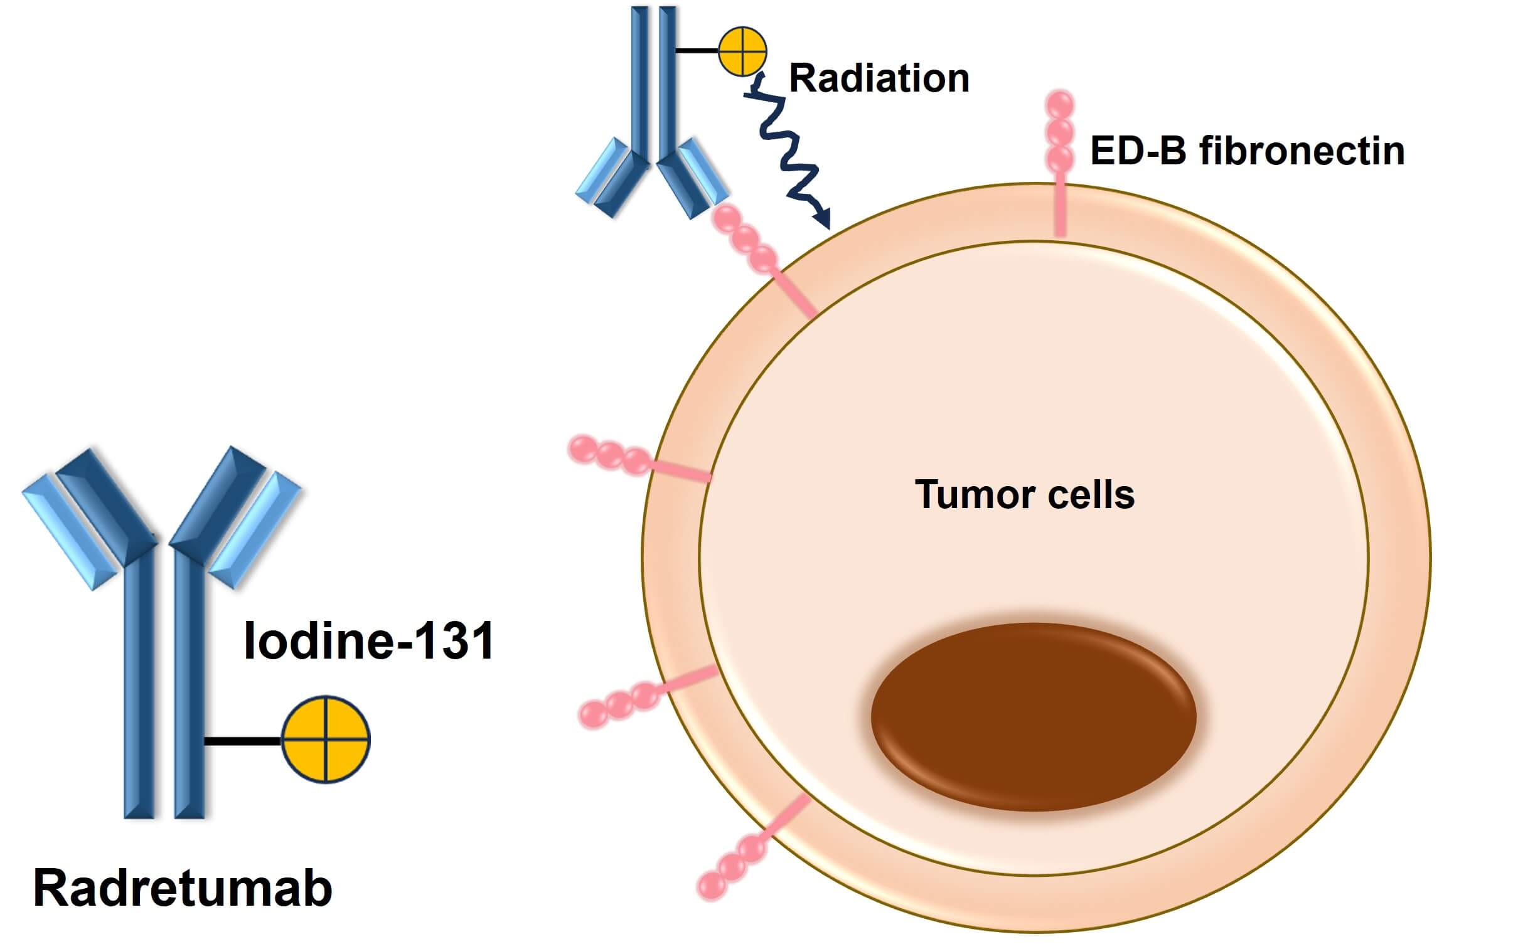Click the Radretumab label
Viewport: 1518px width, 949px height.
coord(182,888)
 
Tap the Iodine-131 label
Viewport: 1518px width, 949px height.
coord(368,641)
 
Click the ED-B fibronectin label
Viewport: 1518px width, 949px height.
coord(1247,151)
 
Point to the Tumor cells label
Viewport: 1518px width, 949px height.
coord(1025,495)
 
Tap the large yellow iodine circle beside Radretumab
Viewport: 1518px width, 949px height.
coord(326,740)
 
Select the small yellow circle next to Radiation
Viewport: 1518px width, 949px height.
coord(742,51)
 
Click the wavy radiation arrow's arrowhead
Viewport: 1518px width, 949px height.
coord(823,219)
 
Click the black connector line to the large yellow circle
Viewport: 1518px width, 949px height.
coord(243,741)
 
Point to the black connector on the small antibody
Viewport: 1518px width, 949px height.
coord(697,51)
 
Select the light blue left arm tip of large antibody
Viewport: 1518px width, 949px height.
coord(69,531)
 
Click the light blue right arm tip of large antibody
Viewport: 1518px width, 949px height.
coord(255,531)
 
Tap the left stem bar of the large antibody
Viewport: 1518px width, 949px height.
coord(139,684)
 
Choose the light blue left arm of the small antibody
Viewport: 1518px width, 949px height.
coord(601,169)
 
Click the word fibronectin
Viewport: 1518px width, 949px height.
coord(1302,151)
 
